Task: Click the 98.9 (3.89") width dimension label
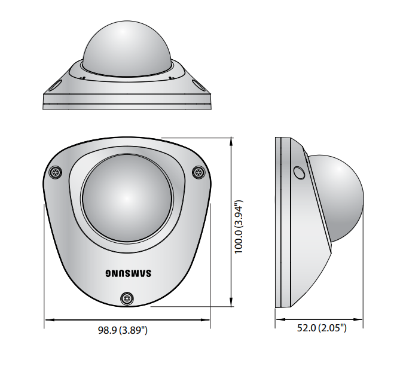pyautogui.click(x=123, y=330)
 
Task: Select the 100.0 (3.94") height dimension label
pyautogui.click(x=239, y=227)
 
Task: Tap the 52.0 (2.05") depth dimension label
pyautogui.click(x=322, y=328)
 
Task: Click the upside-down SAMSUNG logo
pyautogui.click(x=129, y=273)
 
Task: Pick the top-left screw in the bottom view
pyautogui.click(x=56, y=172)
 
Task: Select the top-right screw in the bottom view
pyautogui.click(x=199, y=172)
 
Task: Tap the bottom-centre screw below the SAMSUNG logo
pyautogui.click(x=127, y=298)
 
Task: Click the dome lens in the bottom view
pyautogui.click(x=127, y=199)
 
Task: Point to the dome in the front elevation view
pyautogui.click(x=127, y=48)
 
